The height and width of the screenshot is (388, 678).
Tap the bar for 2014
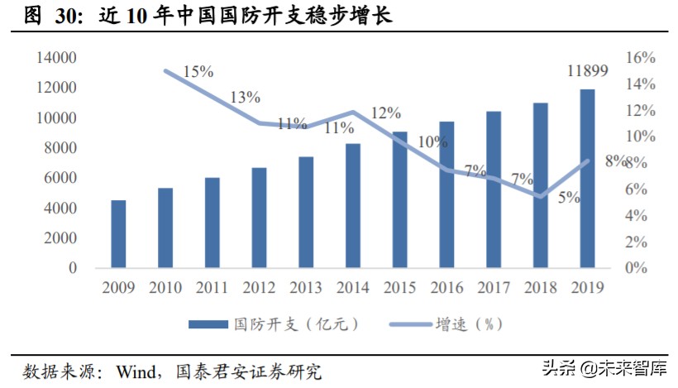pos(353,206)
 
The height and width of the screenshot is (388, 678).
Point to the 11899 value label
pos(588,72)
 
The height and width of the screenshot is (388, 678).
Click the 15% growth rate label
pos(198,72)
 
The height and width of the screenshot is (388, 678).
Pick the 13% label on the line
pos(245,98)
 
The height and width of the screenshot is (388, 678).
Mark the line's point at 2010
pos(165,71)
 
